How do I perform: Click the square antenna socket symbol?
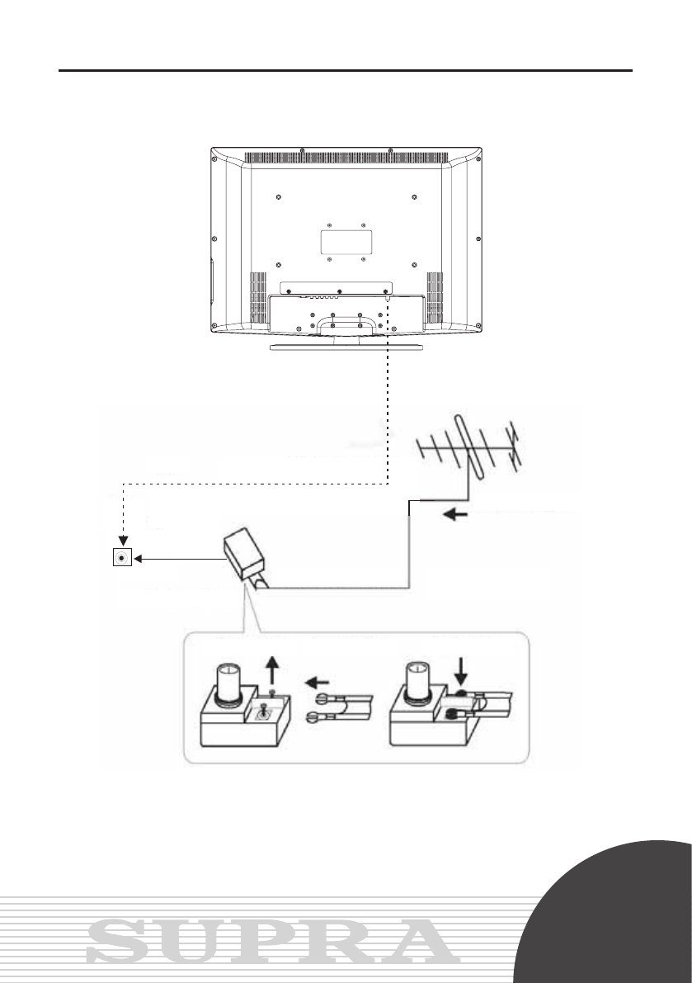coord(122,557)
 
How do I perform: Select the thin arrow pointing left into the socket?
coord(180,559)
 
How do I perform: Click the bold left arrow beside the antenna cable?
coord(455,515)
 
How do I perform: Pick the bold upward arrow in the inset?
coord(271,671)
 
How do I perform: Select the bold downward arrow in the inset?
coord(462,671)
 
